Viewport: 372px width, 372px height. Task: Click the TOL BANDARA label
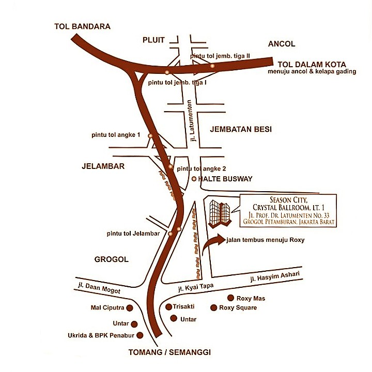[x=83, y=26]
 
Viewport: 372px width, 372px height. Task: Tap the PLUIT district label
[x=153, y=40]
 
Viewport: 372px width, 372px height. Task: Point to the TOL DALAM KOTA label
[x=307, y=64]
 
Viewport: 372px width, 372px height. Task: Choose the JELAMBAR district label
[x=104, y=166]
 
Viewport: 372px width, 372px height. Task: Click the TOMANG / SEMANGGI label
[x=170, y=352]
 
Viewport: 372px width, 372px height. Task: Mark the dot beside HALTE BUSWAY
[x=194, y=179]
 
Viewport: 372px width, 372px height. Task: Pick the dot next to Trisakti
[x=168, y=306]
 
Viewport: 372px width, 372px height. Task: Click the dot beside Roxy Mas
[x=231, y=298]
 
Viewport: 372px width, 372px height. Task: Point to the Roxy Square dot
[x=213, y=307]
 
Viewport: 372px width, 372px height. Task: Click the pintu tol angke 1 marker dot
[x=150, y=135]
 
